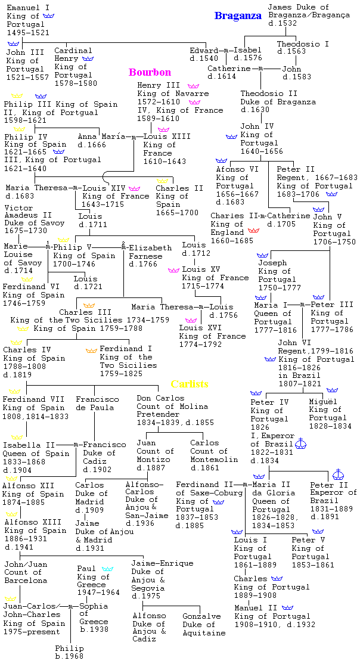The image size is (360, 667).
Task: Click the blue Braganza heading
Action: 238,16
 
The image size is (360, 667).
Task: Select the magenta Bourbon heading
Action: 150,72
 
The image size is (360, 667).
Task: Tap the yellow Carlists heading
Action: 190,384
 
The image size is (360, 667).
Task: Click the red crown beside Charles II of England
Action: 253,229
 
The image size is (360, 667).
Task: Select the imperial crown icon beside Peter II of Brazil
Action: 340,474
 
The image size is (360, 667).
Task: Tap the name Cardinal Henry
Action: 73,55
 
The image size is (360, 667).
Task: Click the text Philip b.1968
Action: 70,652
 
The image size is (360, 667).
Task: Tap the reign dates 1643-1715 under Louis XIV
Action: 104,204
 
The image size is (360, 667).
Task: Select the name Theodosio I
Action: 303,44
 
